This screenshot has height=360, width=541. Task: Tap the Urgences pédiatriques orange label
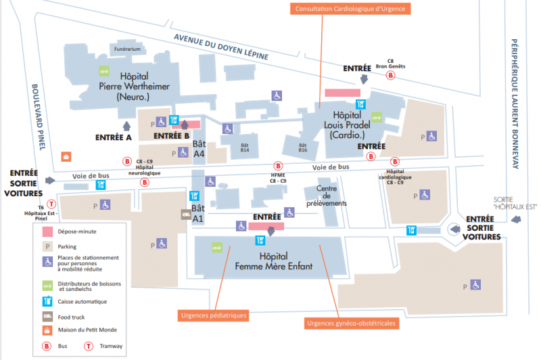point(213,315)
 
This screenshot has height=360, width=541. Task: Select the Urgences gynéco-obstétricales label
point(350,323)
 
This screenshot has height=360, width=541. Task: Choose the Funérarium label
point(127,49)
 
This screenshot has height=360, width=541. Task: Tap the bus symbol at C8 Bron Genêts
point(390,76)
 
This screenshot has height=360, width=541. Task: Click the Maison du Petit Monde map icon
point(65,156)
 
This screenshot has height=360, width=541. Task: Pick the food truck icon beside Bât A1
point(185,215)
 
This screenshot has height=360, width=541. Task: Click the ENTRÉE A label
point(113,137)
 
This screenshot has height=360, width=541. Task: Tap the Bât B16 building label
point(302,147)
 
